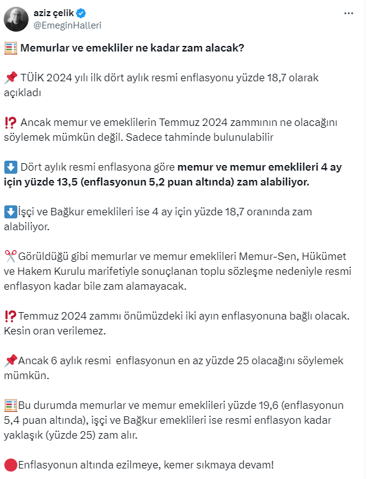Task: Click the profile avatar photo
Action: point(17,19)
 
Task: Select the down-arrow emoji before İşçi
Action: point(10,212)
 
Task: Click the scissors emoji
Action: point(10,256)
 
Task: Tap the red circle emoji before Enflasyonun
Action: point(10,465)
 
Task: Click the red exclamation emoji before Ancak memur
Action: point(10,122)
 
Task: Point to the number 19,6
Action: point(267,405)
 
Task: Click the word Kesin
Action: point(17,331)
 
